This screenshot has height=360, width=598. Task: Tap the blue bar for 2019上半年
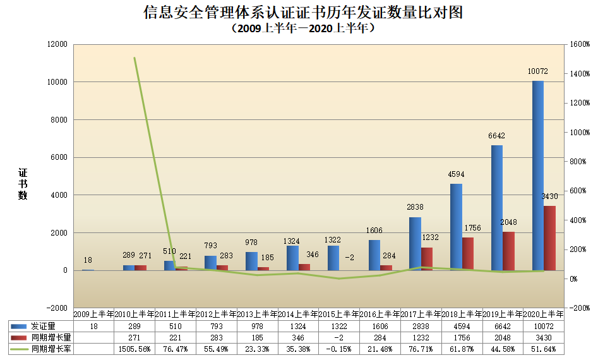click(x=497, y=208)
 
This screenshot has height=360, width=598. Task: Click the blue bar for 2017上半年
click(x=415, y=244)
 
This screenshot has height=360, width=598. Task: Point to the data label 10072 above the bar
click(x=537, y=71)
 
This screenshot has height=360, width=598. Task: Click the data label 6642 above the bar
click(x=497, y=136)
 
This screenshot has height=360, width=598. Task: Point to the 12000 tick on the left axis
click(x=57, y=44)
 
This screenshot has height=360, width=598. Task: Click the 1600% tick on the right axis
click(x=578, y=44)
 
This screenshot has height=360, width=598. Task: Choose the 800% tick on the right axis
click(x=578, y=162)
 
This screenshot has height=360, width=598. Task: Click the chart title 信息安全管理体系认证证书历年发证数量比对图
click(x=299, y=13)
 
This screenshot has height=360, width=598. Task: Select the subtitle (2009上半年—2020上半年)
click(x=299, y=28)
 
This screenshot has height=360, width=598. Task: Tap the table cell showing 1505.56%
click(x=135, y=349)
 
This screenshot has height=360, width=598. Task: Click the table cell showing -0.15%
click(x=339, y=349)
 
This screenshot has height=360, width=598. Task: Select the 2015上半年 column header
click(x=339, y=314)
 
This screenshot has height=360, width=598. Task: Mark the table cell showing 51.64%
click(x=544, y=349)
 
